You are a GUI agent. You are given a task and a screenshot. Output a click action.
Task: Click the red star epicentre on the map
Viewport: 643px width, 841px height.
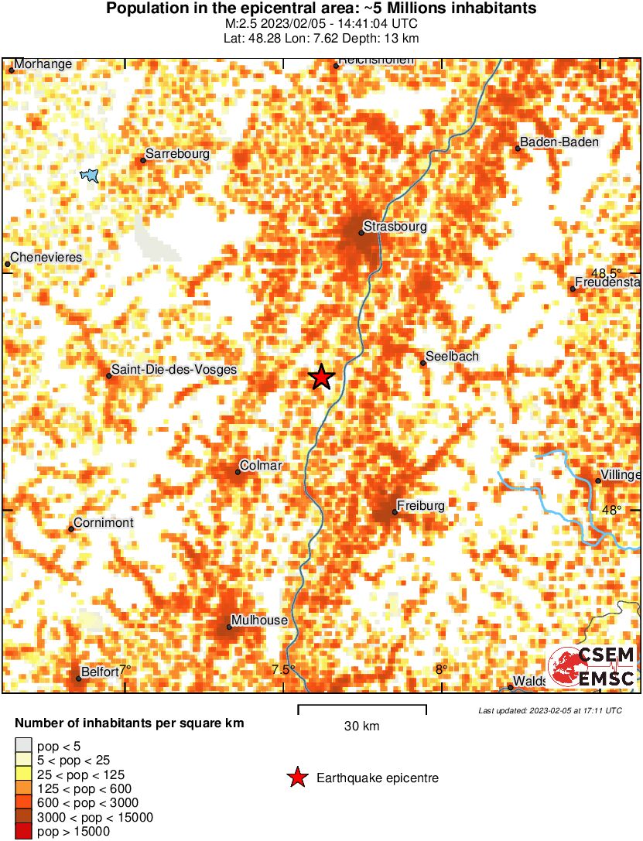321,377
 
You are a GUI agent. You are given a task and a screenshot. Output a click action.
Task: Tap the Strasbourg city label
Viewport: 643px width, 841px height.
395,227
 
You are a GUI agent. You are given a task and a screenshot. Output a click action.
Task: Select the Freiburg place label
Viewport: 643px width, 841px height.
421,506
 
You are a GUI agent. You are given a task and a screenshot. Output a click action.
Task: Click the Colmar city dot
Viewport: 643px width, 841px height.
238,472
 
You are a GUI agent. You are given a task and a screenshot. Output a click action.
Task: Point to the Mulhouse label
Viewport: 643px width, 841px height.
259,620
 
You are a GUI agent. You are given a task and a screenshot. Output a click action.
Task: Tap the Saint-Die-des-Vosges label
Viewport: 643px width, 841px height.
174,371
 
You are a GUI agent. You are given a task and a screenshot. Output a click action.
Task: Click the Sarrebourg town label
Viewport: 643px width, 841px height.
177,155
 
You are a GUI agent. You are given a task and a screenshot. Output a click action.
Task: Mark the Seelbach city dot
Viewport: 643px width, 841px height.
423,363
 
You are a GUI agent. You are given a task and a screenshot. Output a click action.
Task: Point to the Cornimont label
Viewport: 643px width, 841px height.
104,523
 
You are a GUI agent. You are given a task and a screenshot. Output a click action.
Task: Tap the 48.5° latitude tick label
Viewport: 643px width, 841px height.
606,273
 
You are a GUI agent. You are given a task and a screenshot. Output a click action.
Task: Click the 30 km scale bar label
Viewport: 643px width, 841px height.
361,726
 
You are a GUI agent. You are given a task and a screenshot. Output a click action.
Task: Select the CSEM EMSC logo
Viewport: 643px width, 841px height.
592,666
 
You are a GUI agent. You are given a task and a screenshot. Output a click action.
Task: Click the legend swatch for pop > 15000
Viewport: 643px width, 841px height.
23,832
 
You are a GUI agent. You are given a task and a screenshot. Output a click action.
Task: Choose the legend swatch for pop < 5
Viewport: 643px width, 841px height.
23,747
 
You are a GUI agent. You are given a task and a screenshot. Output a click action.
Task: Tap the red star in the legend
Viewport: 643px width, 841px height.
296,778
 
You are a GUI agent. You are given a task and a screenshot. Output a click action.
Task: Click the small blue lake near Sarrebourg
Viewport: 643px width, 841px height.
91,176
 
